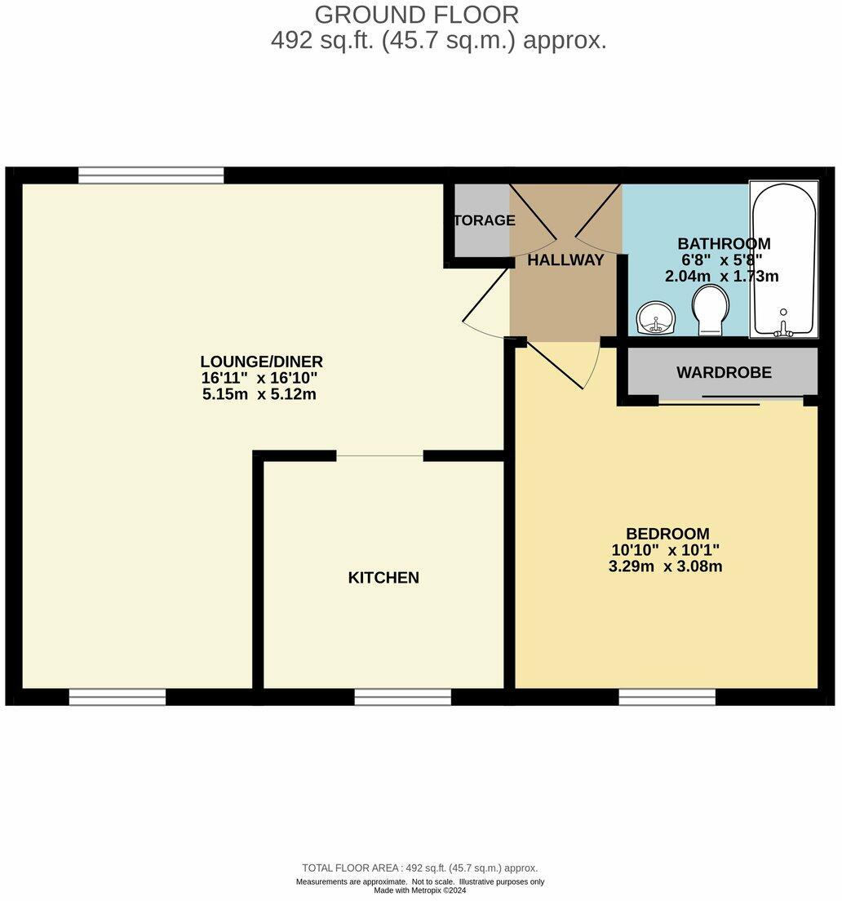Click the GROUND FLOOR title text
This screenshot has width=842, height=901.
(x=416, y=15)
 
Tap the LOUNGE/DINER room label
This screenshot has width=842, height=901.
(x=262, y=362)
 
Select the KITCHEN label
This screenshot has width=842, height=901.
(x=383, y=578)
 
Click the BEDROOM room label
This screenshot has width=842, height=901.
(x=667, y=534)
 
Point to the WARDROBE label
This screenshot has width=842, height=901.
(x=724, y=373)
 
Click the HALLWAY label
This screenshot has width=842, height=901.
(x=565, y=260)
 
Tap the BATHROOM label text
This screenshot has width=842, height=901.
(x=724, y=243)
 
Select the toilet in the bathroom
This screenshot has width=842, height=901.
(x=709, y=314)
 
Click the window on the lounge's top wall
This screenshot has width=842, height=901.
(x=151, y=175)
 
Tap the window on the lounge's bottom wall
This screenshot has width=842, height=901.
(x=117, y=696)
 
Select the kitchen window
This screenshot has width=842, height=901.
(x=402, y=696)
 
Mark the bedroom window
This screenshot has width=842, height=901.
(x=667, y=696)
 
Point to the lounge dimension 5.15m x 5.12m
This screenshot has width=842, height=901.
(x=259, y=394)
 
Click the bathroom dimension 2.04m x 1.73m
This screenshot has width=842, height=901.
(x=722, y=277)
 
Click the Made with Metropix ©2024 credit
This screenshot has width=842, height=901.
(x=419, y=890)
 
